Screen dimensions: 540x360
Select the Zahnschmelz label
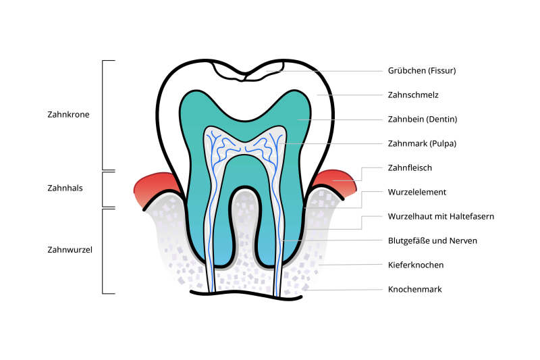[x=413, y=95]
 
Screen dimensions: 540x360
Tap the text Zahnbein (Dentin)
[x=423, y=120]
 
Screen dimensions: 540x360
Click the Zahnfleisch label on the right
[x=410, y=168]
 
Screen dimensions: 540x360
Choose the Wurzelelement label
[x=416, y=192]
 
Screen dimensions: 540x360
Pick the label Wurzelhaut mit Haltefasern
[x=441, y=217]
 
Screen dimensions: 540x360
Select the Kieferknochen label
[x=414, y=265]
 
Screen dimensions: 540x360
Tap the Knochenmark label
[x=414, y=290]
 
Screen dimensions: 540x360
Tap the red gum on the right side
[x=337, y=182]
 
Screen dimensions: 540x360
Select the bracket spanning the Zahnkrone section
[x=103, y=115]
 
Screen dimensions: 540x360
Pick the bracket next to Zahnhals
[x=103, y=189]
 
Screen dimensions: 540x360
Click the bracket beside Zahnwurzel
[x=103, y=251]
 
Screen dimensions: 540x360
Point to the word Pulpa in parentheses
[x=441, y=144]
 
